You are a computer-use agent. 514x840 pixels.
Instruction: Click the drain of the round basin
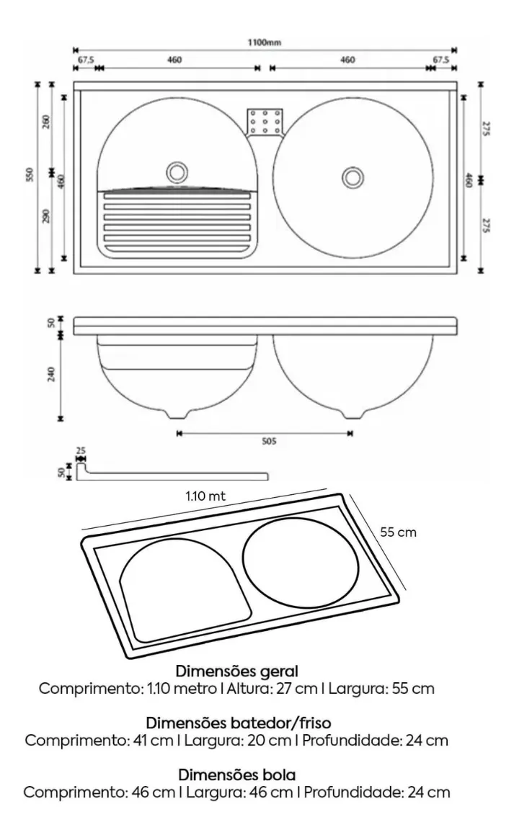pos(353,176)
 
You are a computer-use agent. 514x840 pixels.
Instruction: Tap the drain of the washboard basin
pos(176,172)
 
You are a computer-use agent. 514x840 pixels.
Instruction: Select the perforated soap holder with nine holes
pos(265,122)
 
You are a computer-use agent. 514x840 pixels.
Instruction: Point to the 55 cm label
pos(399,532)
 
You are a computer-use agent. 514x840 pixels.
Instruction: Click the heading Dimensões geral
pos(237,672)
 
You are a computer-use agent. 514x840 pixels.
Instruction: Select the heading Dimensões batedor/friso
pos(239,723)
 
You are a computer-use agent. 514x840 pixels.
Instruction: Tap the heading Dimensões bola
pos(237,775)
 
